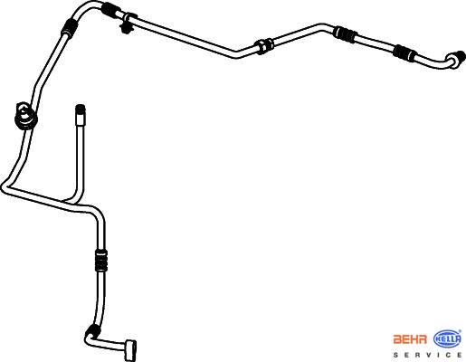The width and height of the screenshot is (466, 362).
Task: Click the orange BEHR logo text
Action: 410,339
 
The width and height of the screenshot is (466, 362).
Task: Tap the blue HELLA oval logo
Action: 447,339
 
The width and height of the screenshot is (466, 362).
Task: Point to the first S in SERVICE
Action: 395,355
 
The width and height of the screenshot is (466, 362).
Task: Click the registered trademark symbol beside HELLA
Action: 460,331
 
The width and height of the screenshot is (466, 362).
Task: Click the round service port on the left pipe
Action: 25,117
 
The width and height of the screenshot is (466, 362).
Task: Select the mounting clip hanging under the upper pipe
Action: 127,24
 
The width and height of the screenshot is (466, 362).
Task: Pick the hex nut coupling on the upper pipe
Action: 264,45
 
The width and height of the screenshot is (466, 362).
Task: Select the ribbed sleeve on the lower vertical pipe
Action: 101,260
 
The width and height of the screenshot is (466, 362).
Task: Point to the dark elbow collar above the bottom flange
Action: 92,330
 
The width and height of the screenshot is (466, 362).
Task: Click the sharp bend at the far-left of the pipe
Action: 6,186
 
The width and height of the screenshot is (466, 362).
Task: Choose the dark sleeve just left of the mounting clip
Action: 112,9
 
